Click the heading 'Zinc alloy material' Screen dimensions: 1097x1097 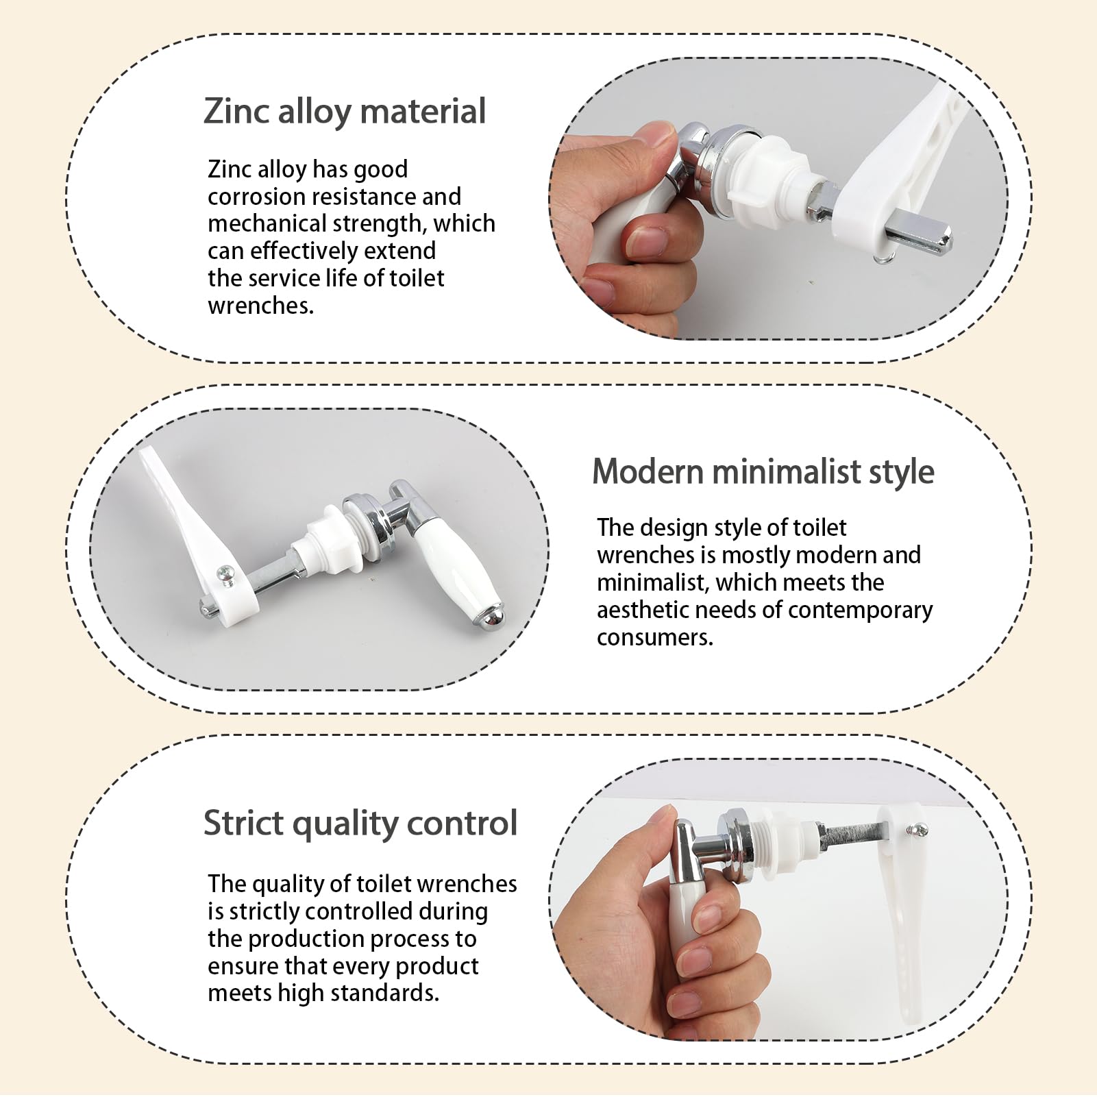click(345, 112)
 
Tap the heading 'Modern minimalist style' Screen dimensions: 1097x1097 click(763, 472)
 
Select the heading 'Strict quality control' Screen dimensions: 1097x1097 click(360, 823)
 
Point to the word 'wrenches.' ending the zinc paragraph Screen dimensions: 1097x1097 click(261, 306)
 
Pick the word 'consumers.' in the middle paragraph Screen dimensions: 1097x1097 click(655, 637)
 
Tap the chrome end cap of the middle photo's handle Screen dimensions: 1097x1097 click(489, 617)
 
